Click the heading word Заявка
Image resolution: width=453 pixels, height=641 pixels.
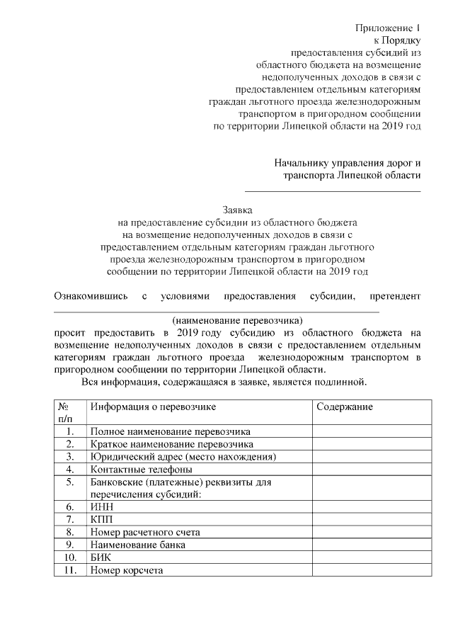pos(237,210)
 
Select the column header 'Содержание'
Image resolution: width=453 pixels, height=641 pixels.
pos(345,407)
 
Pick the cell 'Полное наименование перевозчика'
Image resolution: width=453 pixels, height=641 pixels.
pos(170,431)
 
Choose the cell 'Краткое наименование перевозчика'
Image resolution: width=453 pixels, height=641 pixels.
pos(172,444)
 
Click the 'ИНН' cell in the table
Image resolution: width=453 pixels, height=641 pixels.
pos(101,507)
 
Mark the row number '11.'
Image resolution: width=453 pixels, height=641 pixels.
pos(69,571)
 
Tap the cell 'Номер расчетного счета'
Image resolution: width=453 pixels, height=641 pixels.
pos(145,533)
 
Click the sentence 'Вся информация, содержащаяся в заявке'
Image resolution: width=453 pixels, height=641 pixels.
pos(224,383)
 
